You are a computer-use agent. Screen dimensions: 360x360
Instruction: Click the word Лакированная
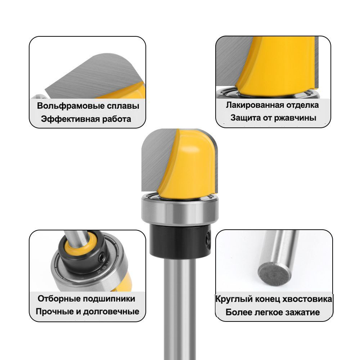click(x=255, y=105)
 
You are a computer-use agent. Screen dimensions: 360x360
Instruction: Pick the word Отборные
click(x=59, y=299)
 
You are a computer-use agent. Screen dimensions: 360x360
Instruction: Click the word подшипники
click(x=109, y=299)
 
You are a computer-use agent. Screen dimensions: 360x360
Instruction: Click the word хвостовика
click(x=307, y=299)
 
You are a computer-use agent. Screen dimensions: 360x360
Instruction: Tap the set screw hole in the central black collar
click(x=208, y=239)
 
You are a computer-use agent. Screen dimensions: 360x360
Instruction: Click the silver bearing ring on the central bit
click(x=180, y=208)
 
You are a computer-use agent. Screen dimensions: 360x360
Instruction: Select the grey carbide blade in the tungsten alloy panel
click(x=92, y=76)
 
